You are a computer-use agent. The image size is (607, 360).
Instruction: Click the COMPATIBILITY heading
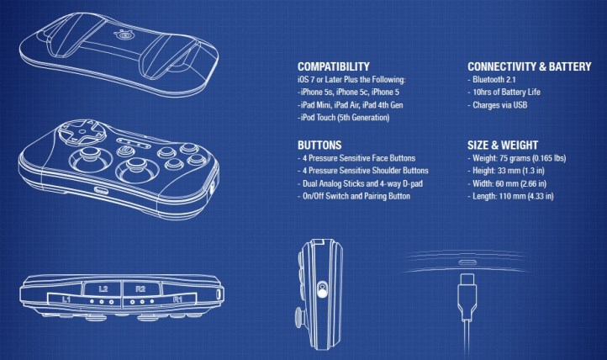[333, 66]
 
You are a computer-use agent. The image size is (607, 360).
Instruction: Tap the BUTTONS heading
[319, 146]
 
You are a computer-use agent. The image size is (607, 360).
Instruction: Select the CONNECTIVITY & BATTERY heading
[529, 66]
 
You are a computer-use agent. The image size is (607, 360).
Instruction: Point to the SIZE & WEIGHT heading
[503, 146]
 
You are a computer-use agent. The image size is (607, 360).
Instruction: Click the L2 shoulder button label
[103, 289]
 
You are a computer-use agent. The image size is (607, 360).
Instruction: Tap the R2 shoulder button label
[140, 289]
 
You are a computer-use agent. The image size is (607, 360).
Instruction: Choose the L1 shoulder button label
[66, 299]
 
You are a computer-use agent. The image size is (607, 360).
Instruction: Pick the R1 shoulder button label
[177, 299]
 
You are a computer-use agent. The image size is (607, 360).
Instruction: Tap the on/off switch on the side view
[322, 290]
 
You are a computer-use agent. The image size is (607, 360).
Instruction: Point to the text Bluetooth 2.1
[494, 80]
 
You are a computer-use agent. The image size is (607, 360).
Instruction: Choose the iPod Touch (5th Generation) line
[344, 117]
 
